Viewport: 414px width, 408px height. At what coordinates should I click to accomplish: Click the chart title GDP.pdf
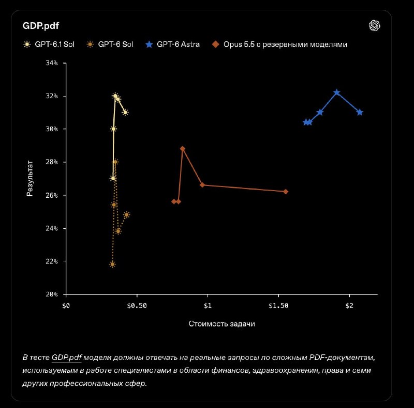click(x=41, y=26)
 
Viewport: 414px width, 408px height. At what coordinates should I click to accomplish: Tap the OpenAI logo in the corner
click(x=374, y=26)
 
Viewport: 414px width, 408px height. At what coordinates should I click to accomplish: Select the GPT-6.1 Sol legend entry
click(x=49, y=44)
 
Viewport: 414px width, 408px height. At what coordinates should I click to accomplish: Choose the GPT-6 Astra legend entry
click(x=173, y=44)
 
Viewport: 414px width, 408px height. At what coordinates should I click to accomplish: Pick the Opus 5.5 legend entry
click(x=279, y=44)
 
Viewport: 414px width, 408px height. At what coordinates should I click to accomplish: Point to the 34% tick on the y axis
click(x=52, y=63)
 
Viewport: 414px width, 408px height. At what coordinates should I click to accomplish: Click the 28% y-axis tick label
click(x=52, y=162)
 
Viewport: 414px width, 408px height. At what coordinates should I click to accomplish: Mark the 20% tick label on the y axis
click(x=52, y=294)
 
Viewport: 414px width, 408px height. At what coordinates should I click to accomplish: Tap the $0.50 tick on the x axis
click(x=137, y=306)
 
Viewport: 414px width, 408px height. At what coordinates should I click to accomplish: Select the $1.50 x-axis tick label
click(x=278, y=306)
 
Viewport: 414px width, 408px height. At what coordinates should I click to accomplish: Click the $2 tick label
click(x=349, y=306)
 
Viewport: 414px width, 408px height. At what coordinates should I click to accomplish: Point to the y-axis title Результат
click(x=30, y=178)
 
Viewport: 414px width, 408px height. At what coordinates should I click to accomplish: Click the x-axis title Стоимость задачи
click(x=222, y=324)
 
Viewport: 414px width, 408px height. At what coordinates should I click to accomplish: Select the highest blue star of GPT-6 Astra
click(x=337, y=92)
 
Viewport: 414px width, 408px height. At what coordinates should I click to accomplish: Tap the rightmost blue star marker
click(x=360, y=113)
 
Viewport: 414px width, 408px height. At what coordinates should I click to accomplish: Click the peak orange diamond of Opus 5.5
click(x=183, y=149)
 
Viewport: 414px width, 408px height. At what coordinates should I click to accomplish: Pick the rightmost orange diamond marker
click(x=286, y=192)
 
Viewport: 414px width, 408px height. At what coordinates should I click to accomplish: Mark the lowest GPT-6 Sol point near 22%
click(x=112, y=264)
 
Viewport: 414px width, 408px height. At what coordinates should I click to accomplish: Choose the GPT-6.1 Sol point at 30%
click(x=113, y=129)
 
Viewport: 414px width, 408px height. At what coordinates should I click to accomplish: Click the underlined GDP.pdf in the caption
click(x=67, y=358)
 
